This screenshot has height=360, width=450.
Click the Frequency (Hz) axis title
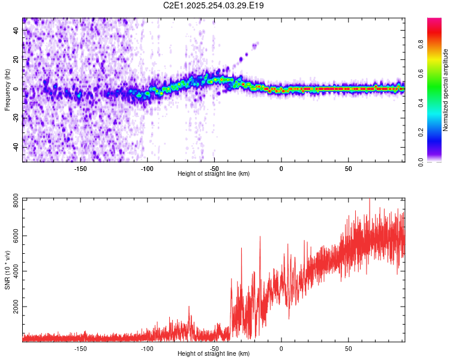click(8, 89)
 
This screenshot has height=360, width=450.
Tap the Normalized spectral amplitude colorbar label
click(446, 90)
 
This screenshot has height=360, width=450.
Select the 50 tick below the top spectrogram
click(348, 168)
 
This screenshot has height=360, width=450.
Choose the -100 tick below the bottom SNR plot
click(147, 348)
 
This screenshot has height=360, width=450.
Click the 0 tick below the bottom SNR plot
click(281, 348)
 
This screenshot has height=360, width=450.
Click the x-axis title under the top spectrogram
click(214, 174)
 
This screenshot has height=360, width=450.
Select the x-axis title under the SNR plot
click(214, 354)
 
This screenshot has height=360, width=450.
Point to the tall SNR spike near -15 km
click(260, 238)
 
